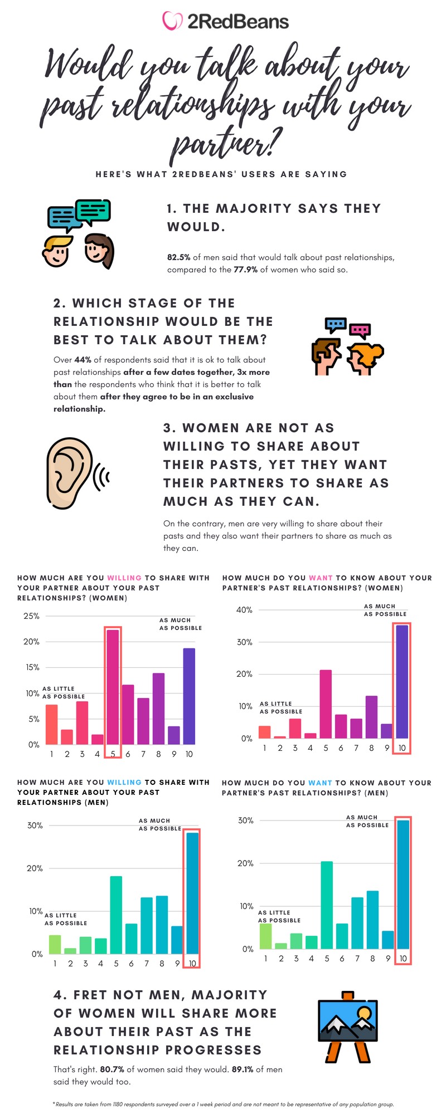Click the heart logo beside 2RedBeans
(x=172, y=21)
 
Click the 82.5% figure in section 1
(x=178, y=257)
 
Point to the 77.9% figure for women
(x=245, y=270)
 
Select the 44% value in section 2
(x=83, y=360)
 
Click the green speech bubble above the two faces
(x=93, y=211)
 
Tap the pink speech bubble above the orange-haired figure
(x=360, y=330)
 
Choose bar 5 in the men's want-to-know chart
(x=327, y=905)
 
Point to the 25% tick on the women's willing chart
(x=31, y=616)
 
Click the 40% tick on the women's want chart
(x=244, y=610)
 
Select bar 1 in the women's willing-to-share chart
(x=51, y=724)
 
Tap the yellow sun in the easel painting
(x=365, y=1012)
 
